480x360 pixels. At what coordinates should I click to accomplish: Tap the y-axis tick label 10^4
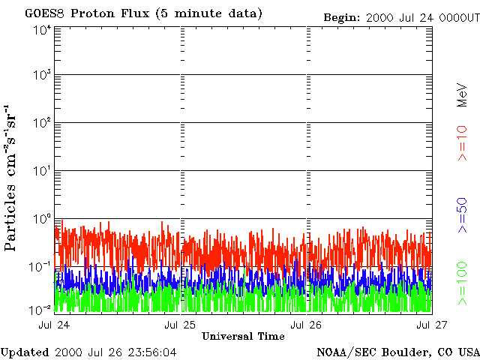[x=42, y=30]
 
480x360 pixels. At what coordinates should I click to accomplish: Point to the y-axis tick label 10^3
[x=42, y=76]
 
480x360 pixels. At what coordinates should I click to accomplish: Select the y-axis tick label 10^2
[x=42, y=124]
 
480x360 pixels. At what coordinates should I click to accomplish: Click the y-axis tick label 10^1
[x=42, y=172]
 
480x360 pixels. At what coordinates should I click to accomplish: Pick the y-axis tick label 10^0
[x=42, y=220]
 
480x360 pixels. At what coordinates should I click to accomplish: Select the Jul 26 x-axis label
[x=307, y=325]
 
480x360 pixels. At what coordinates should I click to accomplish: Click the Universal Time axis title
[x=243, y=336]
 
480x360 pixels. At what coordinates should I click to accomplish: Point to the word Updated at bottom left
[x=26, y=352]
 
